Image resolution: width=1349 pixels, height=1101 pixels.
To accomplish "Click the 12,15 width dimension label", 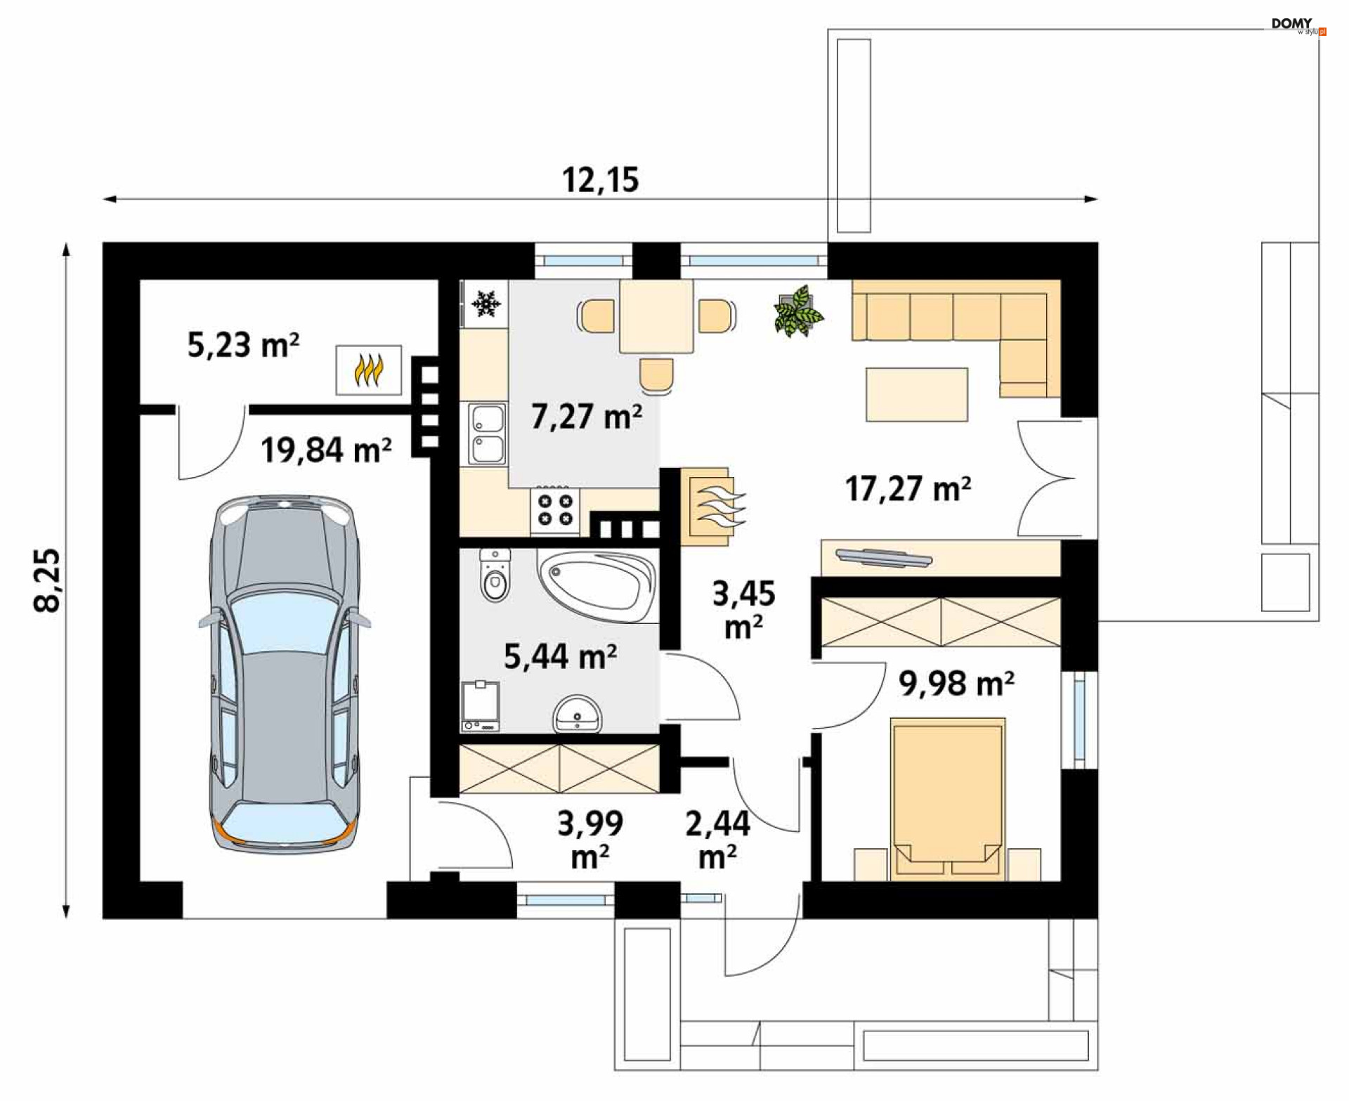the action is click(x=601, y=180).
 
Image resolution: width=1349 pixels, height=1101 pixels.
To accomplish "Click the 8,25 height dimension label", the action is click(x=48, y=580).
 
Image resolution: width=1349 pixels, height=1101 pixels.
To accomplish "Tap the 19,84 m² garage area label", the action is click(x=326, y=450).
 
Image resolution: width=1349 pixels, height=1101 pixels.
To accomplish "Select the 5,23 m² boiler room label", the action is click(x=243, y=344).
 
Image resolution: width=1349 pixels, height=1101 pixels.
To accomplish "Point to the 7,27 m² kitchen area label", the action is click(x=587, y=416).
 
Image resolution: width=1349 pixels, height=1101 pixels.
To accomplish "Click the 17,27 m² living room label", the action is click(x=908, y=488).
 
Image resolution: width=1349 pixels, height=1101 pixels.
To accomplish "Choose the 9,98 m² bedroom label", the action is click(x=956, y=683).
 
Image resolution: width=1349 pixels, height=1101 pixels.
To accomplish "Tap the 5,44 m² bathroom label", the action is click(x=561, y=656).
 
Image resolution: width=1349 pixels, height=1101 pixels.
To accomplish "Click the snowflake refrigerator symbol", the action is click(x=485, y=304).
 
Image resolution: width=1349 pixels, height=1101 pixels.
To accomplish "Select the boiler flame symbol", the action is click(x=369, y=370).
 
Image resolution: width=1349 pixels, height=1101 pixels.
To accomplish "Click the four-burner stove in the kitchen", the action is click(x=555, y=509).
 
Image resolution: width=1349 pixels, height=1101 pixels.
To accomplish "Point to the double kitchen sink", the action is click(x=487, y=434).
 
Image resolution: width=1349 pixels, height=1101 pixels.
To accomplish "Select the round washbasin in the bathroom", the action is click(x=578, y=715).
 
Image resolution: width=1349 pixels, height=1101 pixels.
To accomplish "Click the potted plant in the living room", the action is click(x=798, y=311).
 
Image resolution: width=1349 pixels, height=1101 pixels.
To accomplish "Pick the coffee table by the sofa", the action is click(x=917, y=394).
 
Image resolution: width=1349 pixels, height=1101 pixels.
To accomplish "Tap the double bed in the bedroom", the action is click(x=948, y=799).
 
